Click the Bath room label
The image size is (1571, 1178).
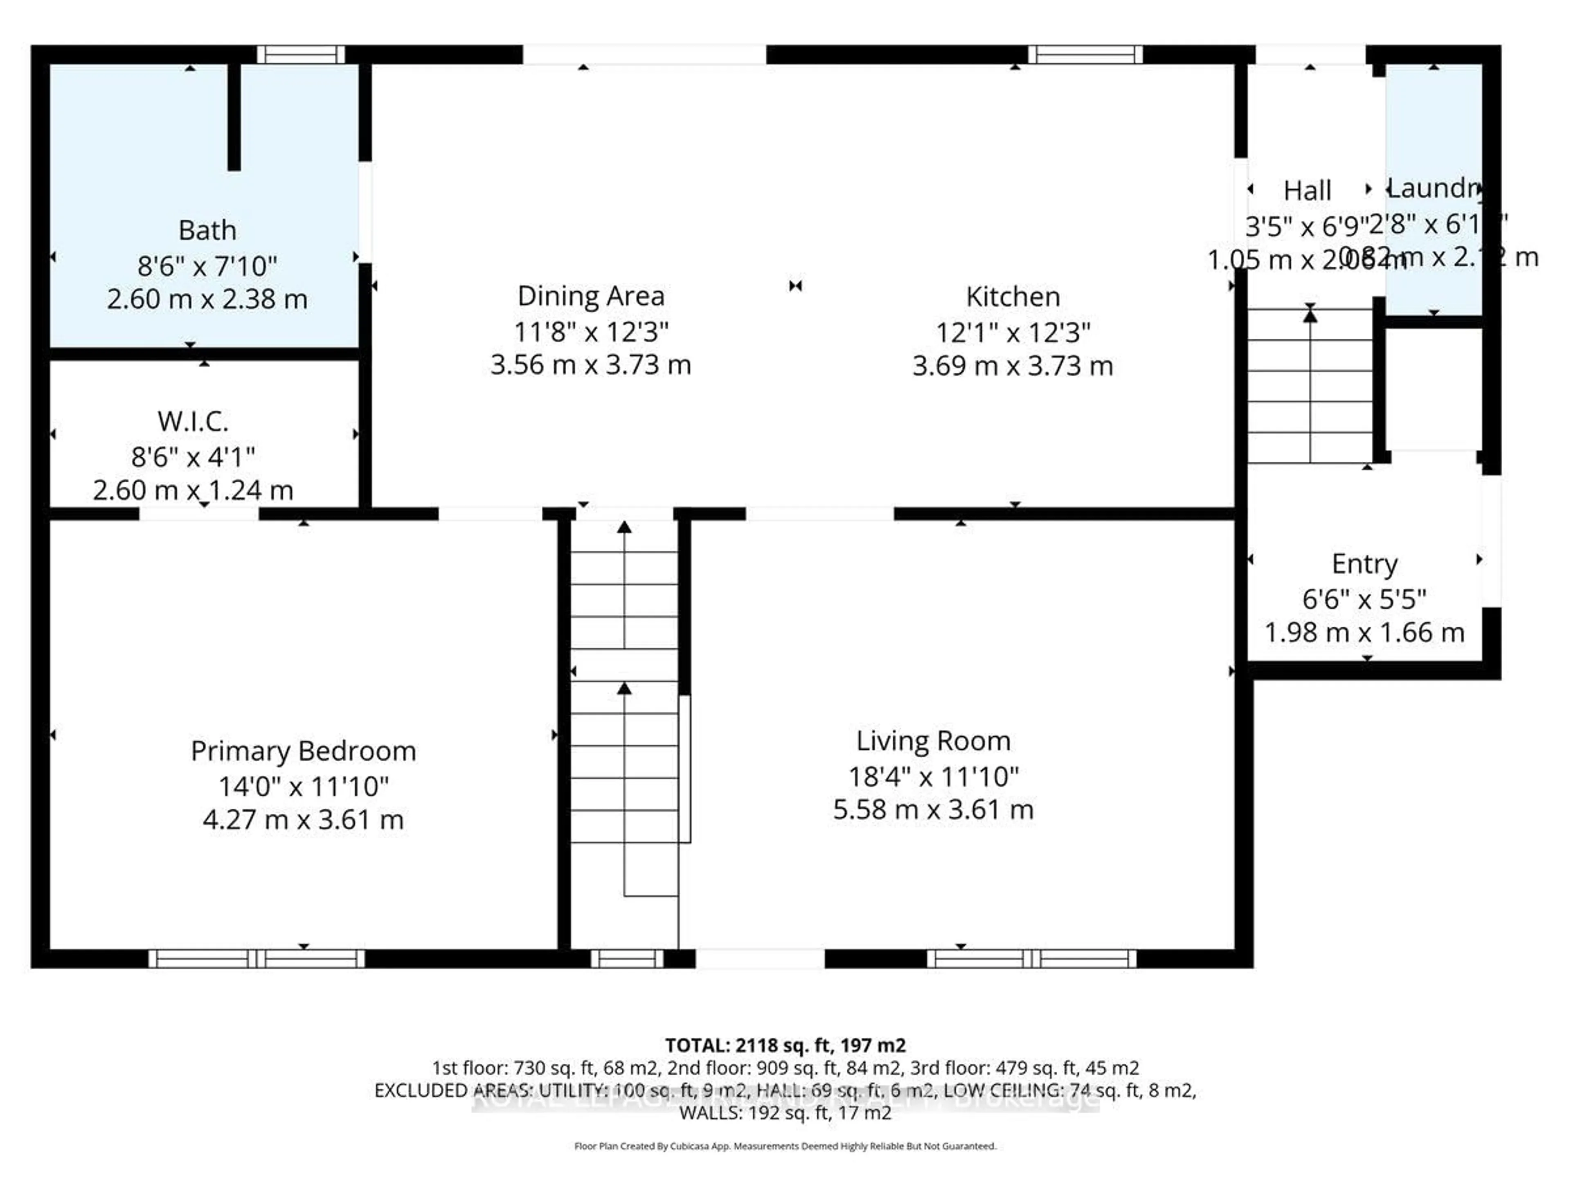[207, 230]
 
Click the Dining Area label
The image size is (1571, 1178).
[591, 296]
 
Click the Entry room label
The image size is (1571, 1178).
[1364, 564]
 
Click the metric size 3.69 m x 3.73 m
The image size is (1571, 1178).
[1013, 366]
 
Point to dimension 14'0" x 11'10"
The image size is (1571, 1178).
[303, 786]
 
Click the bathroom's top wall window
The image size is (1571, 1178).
[300, 55]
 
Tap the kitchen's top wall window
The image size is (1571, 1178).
[1085, 55]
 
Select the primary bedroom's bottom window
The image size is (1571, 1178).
[257, 959]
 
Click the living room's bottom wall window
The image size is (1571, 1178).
[1031, 959]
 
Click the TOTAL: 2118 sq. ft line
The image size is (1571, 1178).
[785, 1045]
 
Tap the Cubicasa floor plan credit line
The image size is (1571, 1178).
[785, 1146]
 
